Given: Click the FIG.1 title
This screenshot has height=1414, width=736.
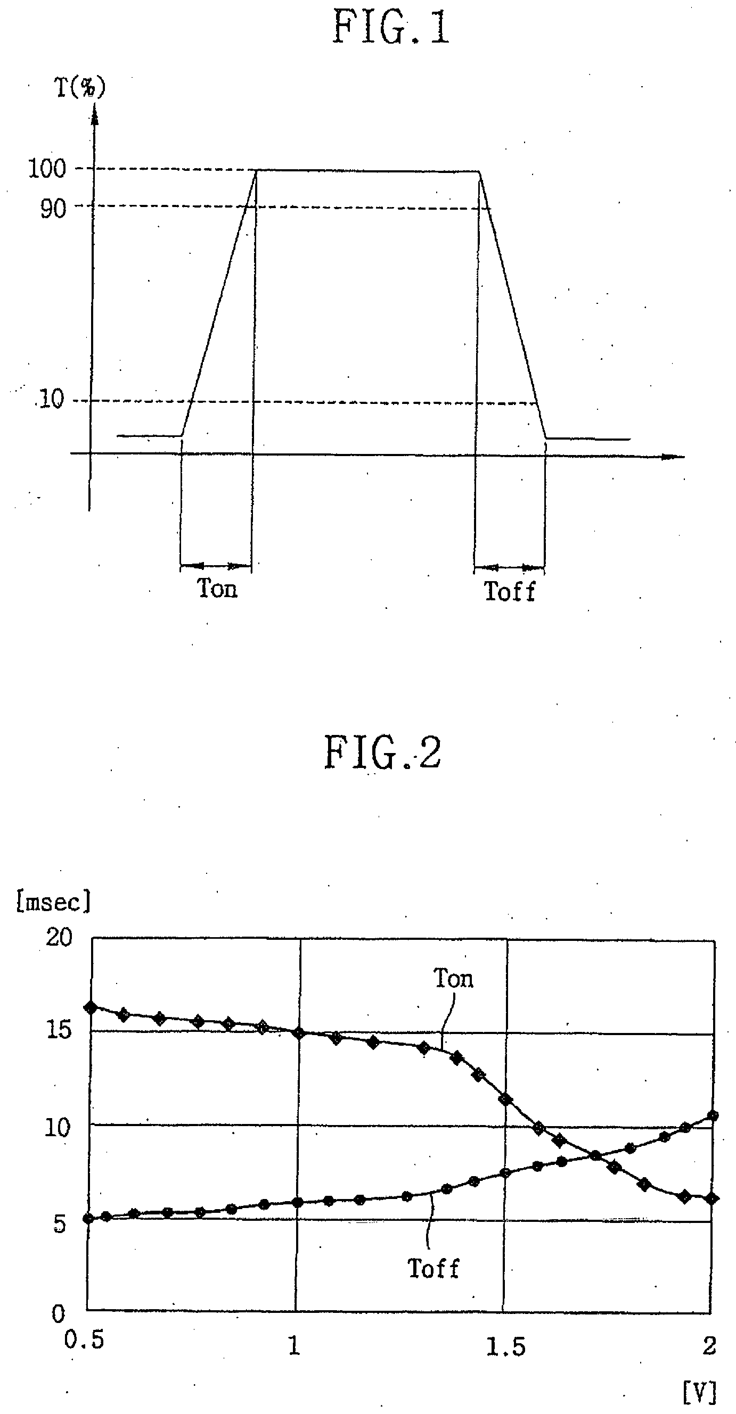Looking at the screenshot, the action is [390, 29].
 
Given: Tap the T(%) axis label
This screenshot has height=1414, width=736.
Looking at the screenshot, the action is [80, 88].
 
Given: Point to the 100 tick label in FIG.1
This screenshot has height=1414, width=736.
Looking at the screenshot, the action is [47, 169].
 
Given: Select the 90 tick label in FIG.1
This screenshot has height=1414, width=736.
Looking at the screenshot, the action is [53, 209].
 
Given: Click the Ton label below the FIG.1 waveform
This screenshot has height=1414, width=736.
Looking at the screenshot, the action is [217, 589].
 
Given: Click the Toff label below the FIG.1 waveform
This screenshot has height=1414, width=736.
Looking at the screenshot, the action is [509, 592].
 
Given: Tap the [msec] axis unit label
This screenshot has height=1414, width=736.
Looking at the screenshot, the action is [53, 902].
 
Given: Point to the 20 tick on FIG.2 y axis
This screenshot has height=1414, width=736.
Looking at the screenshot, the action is [59, 938].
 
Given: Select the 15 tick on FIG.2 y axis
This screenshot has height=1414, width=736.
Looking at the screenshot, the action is [59, 1030].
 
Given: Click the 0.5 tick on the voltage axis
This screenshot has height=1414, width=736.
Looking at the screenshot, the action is [84, 1340].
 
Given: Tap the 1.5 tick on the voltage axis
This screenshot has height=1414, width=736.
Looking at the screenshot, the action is [505, 1346].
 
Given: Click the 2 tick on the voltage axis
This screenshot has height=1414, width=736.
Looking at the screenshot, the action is [709, 1345].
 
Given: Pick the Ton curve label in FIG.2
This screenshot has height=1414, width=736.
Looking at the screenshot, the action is [453, 979].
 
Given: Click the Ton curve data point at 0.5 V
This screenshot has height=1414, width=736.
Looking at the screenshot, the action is [91, 1008].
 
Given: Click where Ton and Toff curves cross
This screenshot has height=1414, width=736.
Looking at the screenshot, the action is [594, 1156].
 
